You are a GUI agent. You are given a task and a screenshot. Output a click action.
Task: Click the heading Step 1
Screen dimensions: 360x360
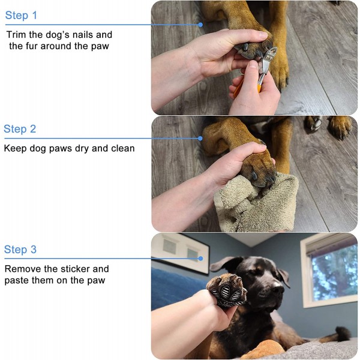21,16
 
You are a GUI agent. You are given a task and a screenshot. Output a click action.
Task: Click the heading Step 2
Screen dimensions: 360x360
20,129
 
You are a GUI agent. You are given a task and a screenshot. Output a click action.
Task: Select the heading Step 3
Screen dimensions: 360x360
20,250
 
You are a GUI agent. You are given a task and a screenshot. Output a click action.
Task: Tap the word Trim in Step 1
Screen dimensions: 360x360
16,35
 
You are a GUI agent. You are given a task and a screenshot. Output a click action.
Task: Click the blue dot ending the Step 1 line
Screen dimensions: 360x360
200,25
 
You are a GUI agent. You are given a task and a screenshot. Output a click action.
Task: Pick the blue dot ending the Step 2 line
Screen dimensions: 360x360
200,138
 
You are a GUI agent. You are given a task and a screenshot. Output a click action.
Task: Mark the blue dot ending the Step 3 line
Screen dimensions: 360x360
200,259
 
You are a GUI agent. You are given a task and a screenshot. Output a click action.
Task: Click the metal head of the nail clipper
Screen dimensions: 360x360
267,60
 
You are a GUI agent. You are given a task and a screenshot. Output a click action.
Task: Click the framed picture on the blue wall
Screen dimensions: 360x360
180,254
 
